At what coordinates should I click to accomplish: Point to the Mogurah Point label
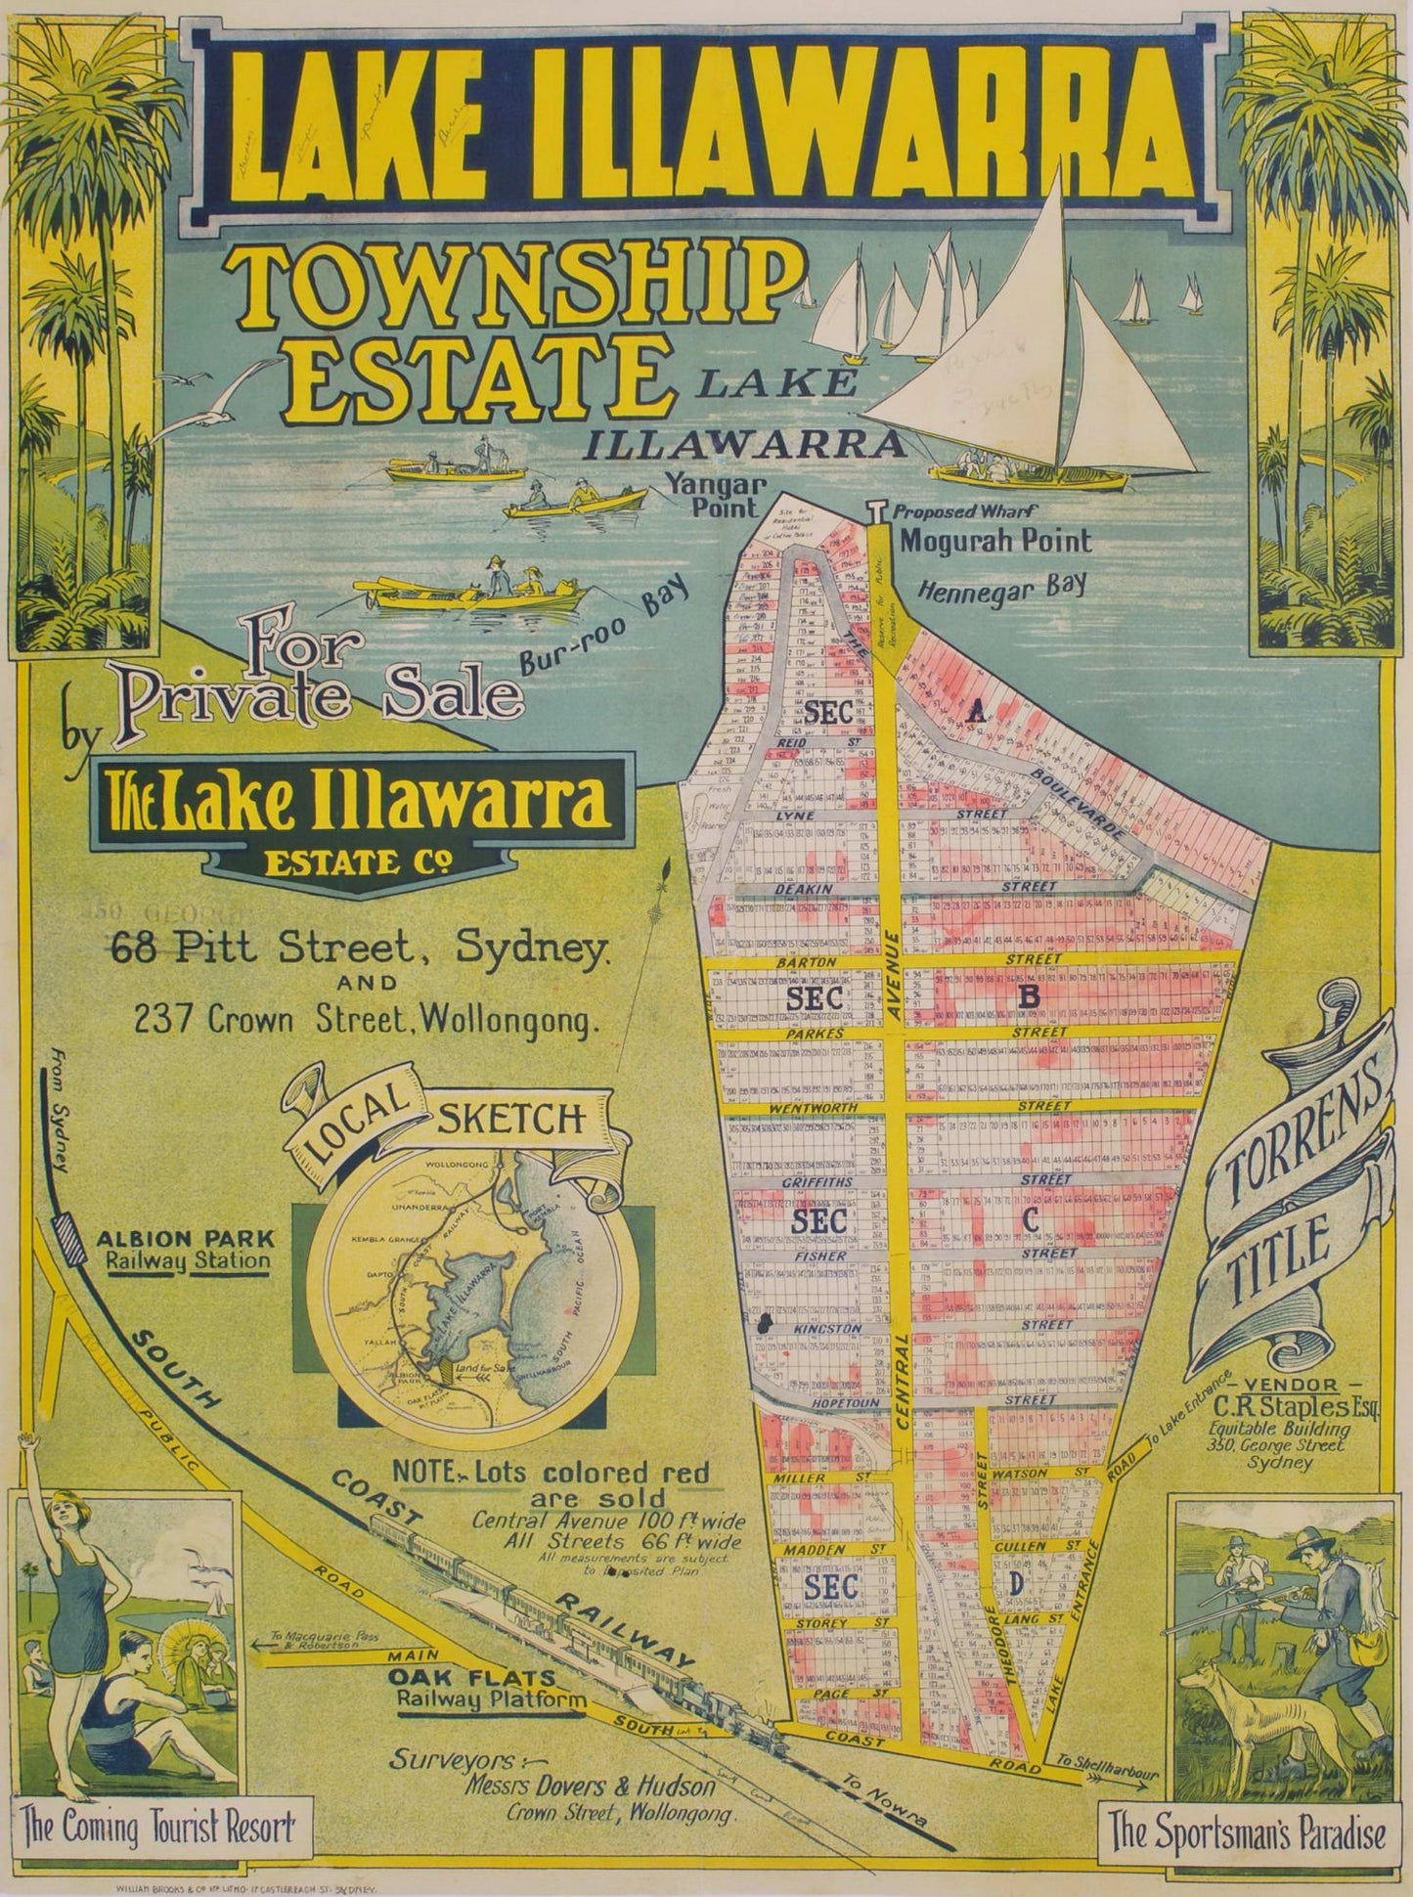(994, 540)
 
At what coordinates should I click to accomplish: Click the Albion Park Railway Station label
(185, 1249)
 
